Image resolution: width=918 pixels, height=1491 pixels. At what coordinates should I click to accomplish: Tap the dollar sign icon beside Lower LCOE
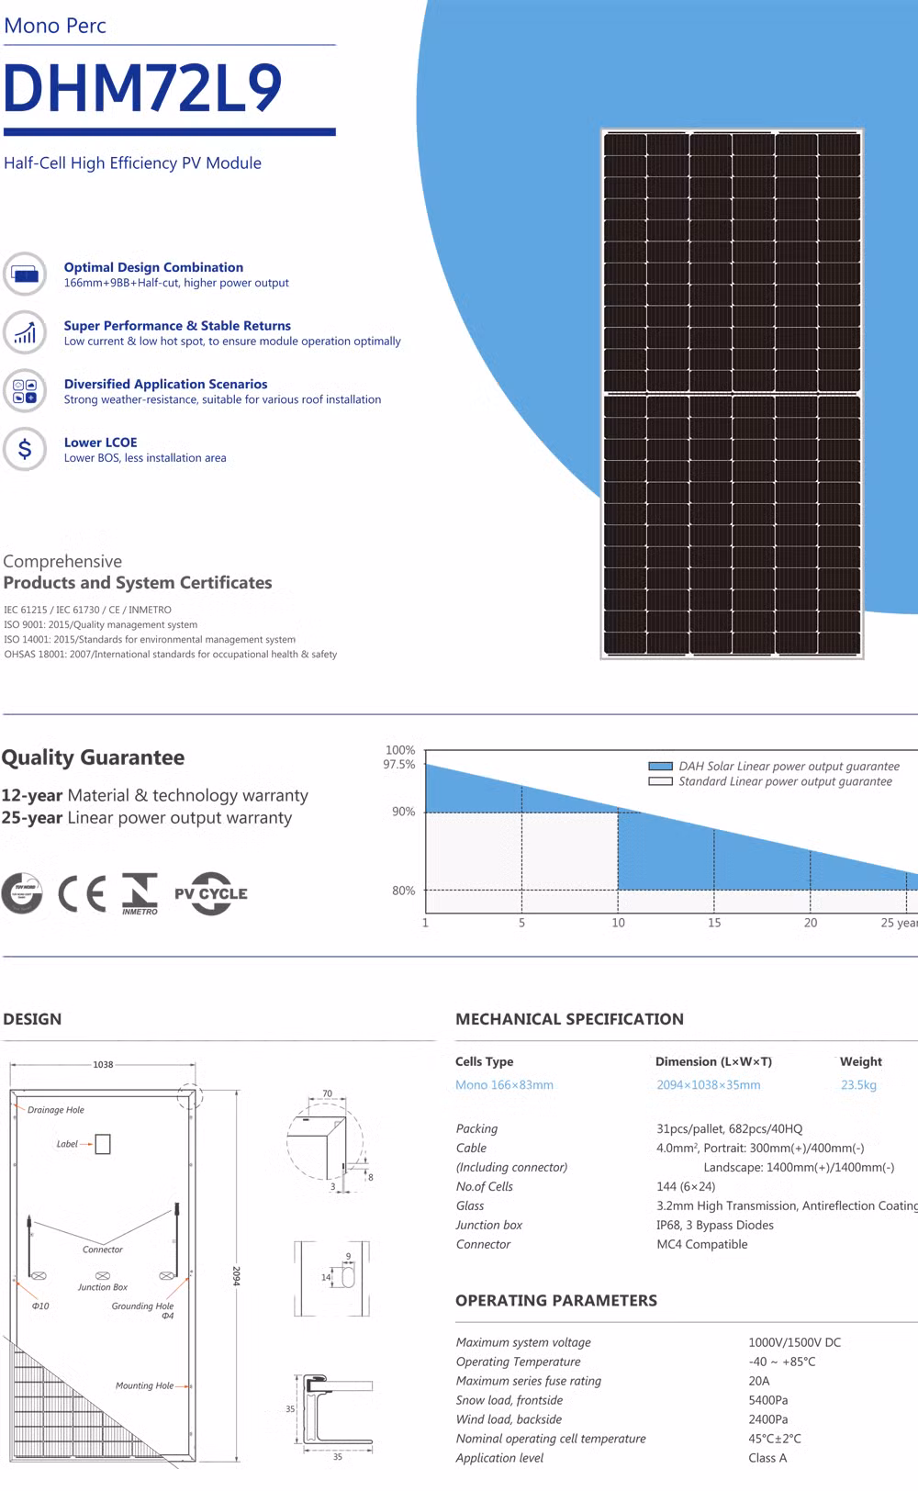pyautogui.click(x=25, y=449)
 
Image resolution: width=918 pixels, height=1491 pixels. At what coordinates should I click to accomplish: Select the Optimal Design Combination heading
pyautogui.click(x=153, y=267)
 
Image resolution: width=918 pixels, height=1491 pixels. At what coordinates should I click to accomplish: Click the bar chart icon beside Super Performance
pyautogui.click(x=25, y=332)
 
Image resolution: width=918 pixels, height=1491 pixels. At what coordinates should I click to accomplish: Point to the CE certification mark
pyautogui.click(x=82, y=893)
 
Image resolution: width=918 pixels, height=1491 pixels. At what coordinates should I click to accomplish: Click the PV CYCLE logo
pyautogui.click(x=211, y=893)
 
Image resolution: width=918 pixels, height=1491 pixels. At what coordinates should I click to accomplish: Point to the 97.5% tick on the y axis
pyautogui.click(x=399, y=764)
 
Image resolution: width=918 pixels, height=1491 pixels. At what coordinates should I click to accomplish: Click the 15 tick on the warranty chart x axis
pyautogui.click(x=714, y=923)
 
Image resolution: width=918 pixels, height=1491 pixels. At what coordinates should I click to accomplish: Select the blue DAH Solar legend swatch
pyautogui.click(x=660, y=766)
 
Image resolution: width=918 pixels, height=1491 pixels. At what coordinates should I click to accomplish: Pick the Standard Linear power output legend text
pyautogui.click(x=785, y=781)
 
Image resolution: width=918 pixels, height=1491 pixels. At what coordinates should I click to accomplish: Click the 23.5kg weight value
pyautogui.click(x=858, y=1085)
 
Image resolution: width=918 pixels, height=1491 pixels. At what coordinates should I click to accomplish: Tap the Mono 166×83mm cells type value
pyautogui.click(x=504, y=1085)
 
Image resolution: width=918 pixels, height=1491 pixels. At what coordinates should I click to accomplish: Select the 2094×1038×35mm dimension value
pyautogui.click(x=708, y=1085)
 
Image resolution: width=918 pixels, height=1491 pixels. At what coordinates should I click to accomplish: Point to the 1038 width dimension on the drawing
pyautogui.click(x=103, y=1065)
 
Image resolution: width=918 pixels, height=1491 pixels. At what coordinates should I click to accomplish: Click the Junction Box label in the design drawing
pyautogui.click(x=103, y=1287)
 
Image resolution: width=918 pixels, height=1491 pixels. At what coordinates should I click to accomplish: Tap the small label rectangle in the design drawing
pyautogui.click(x=103, y=1144)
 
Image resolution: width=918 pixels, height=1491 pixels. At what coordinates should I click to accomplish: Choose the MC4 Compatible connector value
pyautogui.click(x=701, y=1244)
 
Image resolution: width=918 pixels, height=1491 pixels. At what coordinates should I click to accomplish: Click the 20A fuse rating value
pyautogui.click(x=759, y=1381)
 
